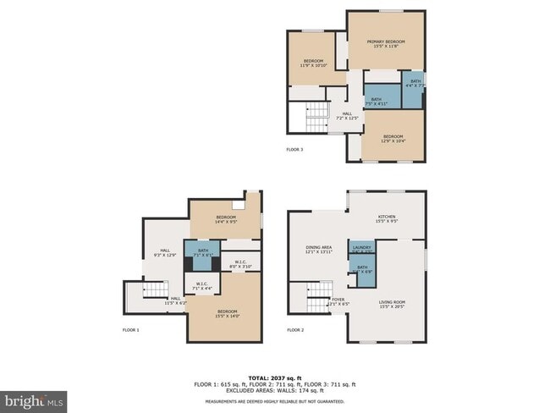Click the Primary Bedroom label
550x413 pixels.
386,43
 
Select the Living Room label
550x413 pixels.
392,305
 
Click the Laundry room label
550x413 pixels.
362,249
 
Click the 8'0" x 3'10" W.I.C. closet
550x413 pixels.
241,264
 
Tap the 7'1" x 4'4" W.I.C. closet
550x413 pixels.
202,286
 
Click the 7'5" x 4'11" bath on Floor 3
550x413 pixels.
377,102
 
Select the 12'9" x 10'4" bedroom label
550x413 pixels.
393,139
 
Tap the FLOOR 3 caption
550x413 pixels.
294,150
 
